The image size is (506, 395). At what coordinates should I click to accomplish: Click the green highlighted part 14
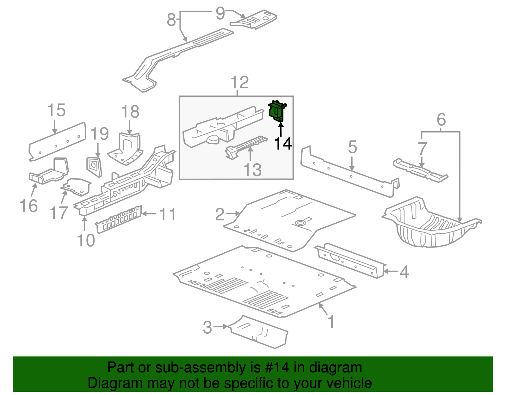277,111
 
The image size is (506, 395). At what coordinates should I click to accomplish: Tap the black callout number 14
283,144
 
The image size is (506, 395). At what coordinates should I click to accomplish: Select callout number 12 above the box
240,83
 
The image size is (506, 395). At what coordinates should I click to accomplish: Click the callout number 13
253,170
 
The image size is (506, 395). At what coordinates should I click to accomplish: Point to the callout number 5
352,148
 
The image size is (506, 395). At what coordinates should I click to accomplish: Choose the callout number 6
441,120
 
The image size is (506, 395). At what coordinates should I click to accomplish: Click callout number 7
423,149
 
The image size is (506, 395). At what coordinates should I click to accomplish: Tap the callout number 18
130,112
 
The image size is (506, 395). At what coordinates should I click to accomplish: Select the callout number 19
100,134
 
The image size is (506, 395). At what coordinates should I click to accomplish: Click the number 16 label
29,206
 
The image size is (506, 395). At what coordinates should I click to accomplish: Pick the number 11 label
167,215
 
